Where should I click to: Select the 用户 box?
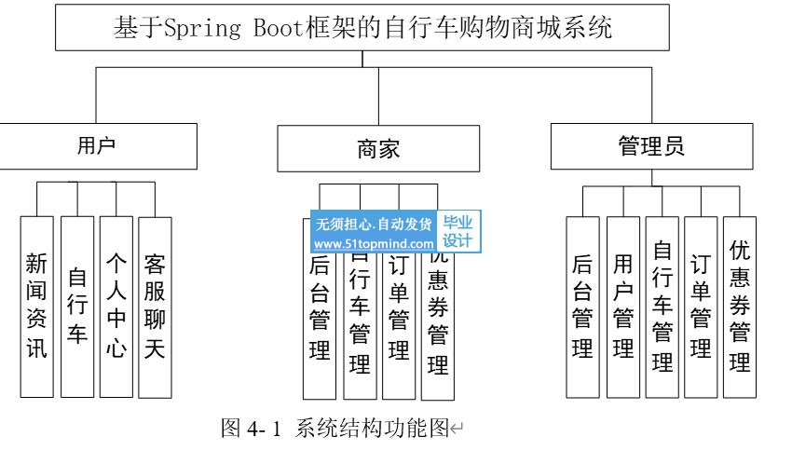point(97,145)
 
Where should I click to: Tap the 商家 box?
point(378,150)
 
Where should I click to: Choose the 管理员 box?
point(651,146)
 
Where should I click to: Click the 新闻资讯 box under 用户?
point(37,307)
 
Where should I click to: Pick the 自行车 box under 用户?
point(77,307)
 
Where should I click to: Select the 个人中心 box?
point(116,307)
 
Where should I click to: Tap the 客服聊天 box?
point(155,307)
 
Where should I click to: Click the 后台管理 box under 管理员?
point(583,307)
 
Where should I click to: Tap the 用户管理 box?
point(622,307)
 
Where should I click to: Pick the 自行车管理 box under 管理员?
point(662,307)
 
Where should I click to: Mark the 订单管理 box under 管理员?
point(700,307)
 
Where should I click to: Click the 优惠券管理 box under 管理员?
point(740,307)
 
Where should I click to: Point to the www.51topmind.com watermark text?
point(374,244)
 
